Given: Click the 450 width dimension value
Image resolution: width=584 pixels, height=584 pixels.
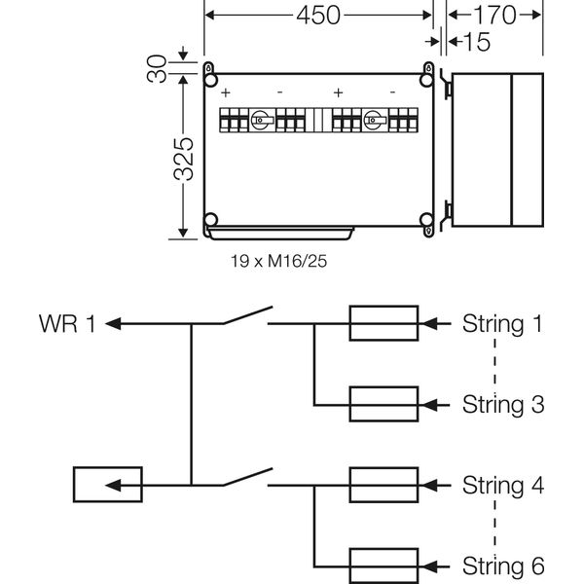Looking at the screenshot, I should [317, 16].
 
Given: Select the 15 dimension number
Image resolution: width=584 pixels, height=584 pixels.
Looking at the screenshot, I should [477, 42].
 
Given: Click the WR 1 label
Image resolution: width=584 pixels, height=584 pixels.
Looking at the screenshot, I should [68, 323].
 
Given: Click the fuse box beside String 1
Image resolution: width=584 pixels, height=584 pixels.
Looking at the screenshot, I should [384, 323].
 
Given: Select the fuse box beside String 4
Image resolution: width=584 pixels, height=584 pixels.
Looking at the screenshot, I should [384, 484].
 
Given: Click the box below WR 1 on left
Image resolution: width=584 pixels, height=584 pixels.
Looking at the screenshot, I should [106, 484].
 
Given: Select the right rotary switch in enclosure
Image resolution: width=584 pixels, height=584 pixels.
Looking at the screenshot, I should [373, 123].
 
